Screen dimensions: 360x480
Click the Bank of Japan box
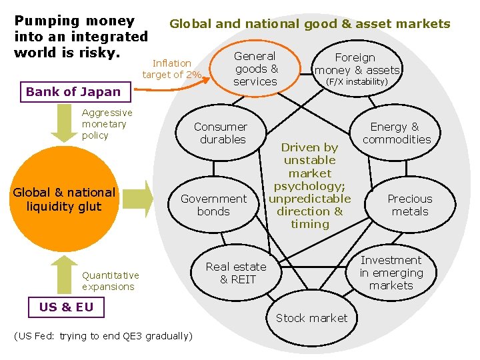[x=73, y=92]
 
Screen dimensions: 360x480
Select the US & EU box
[x=66, y=307]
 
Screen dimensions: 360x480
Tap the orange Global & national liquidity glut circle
[x=64, y=199]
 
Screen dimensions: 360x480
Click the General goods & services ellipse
[x=255, y=69]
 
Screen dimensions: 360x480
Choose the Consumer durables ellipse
[x=220, y=133]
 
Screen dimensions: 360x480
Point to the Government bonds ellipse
[x=213, y=205]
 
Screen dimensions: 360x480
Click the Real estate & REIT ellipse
[x=235, y=273]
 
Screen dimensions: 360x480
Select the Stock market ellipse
[x=311, y=318]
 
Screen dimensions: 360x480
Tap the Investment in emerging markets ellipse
[x=391, y=273]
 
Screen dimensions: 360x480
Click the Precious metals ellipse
[x=409, y=205]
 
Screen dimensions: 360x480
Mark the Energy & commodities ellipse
[x=397, y=133]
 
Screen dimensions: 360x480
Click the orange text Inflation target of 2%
[x=171, y=69]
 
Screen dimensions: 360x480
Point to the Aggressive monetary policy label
[x=107, y=124]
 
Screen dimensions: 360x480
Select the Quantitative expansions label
[x=110, y=281]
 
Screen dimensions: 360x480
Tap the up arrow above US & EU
[x=64, y=273]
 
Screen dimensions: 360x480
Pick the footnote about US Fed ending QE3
[x=103, y=335]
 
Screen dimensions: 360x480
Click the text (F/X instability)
[x=356, y=81]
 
